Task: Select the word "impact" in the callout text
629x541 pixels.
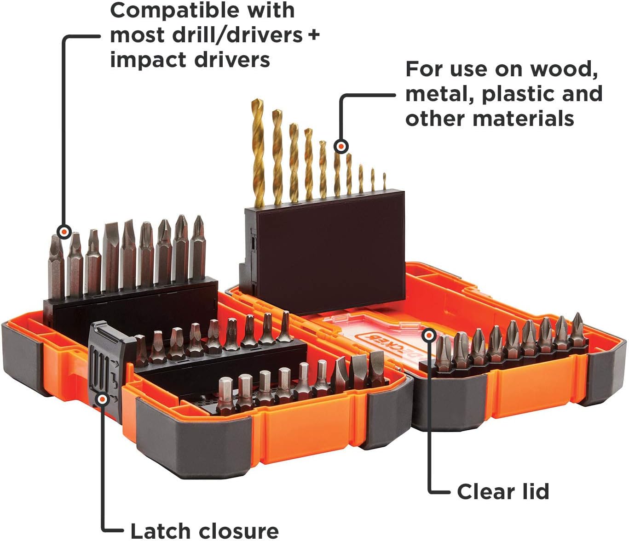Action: pyautogui.click(x=148, y=60)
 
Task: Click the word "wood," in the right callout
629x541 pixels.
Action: pyautogui.click(x=564, y=69)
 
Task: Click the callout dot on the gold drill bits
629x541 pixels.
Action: pyautogui.click(x=341, y=147)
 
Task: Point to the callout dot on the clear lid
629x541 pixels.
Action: pyautogui.click(x=429, y=336)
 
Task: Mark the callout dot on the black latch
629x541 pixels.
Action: pyautogui.click(x=103, y=399)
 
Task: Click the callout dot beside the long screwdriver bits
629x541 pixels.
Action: pyautogui.click(x=64, y=232)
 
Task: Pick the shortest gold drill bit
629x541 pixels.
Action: pyautogui.click(x=384, y=182)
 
